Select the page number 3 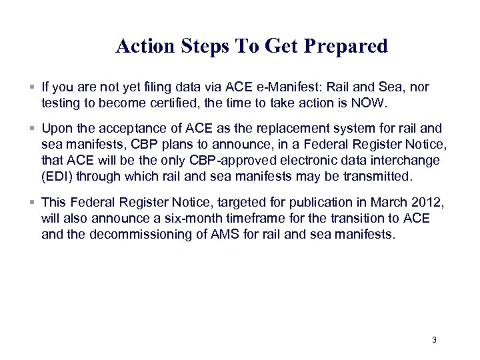(x=434, y=340)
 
